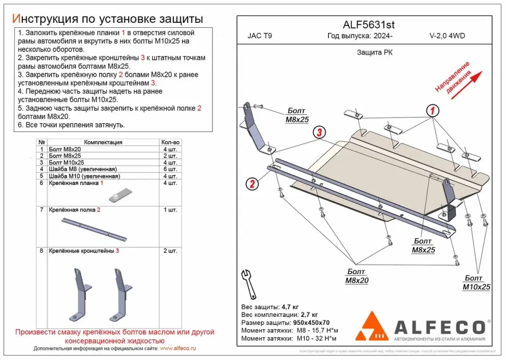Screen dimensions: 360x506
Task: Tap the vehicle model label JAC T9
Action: point(260,36)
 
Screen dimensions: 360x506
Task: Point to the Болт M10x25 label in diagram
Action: point(477,283)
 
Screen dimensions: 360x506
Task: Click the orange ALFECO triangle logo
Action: point(372,326)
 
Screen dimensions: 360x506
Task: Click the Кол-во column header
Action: point(170,143)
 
